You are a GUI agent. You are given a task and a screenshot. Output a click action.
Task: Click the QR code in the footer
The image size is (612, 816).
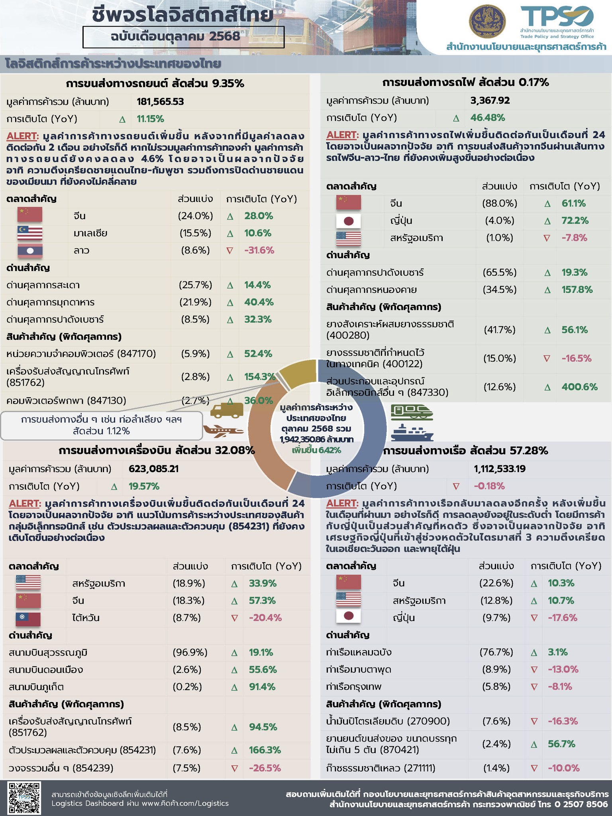coord(24,797)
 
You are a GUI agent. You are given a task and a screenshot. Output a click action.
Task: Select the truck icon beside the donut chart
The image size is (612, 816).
coord(226,410)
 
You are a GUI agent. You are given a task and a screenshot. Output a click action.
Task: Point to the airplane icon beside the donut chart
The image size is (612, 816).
coord(223,431)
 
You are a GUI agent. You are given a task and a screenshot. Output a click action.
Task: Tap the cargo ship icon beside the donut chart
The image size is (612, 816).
coord(412,433)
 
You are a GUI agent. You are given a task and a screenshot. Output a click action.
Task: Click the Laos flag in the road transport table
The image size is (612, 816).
coord(30,251)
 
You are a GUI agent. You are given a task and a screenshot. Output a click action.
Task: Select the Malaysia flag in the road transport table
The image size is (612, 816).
coord(30,233)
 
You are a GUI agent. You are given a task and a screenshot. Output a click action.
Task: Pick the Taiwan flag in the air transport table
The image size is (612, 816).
coord(28,618)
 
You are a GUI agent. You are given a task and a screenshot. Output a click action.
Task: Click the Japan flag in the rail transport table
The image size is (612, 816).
coord(348,221)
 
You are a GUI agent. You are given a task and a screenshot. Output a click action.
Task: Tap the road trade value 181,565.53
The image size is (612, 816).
coord(160,102)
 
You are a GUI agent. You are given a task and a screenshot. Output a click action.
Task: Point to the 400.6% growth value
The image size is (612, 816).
coord(579,387)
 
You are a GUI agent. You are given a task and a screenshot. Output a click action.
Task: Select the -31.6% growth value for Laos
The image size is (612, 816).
coord(259,251)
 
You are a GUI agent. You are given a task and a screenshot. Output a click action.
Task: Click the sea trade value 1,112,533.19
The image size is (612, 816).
coord(500,469)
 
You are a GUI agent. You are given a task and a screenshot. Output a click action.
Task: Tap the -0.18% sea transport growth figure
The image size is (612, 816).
coord(489,486)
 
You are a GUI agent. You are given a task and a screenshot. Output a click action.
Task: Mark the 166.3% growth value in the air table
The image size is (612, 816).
coord(265,750)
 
